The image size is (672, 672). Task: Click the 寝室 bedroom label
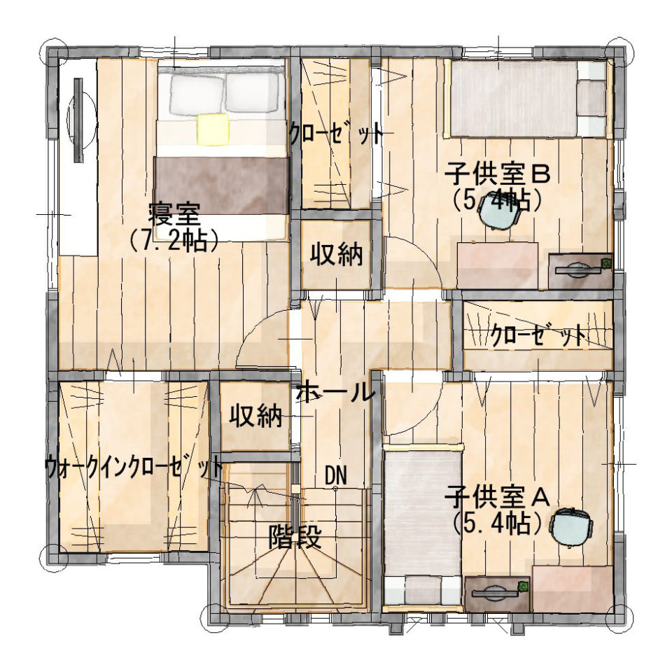coord(174,215)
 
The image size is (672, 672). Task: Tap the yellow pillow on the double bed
coord(213,129)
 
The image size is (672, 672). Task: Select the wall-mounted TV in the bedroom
coord(78,120)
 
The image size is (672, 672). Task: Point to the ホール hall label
coord(335,392)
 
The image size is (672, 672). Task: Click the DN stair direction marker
coord(335,475)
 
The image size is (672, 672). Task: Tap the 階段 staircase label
coord(295,537)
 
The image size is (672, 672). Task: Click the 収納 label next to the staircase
coord(256,415)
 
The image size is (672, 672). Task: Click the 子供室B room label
coord(497,174)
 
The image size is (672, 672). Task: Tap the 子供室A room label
coord(497,497)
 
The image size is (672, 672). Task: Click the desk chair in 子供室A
coord(572,528)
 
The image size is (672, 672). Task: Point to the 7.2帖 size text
coord(174,241)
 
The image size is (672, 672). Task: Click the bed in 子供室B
coord(527,99)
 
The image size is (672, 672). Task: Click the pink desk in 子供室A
coord(572,589)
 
